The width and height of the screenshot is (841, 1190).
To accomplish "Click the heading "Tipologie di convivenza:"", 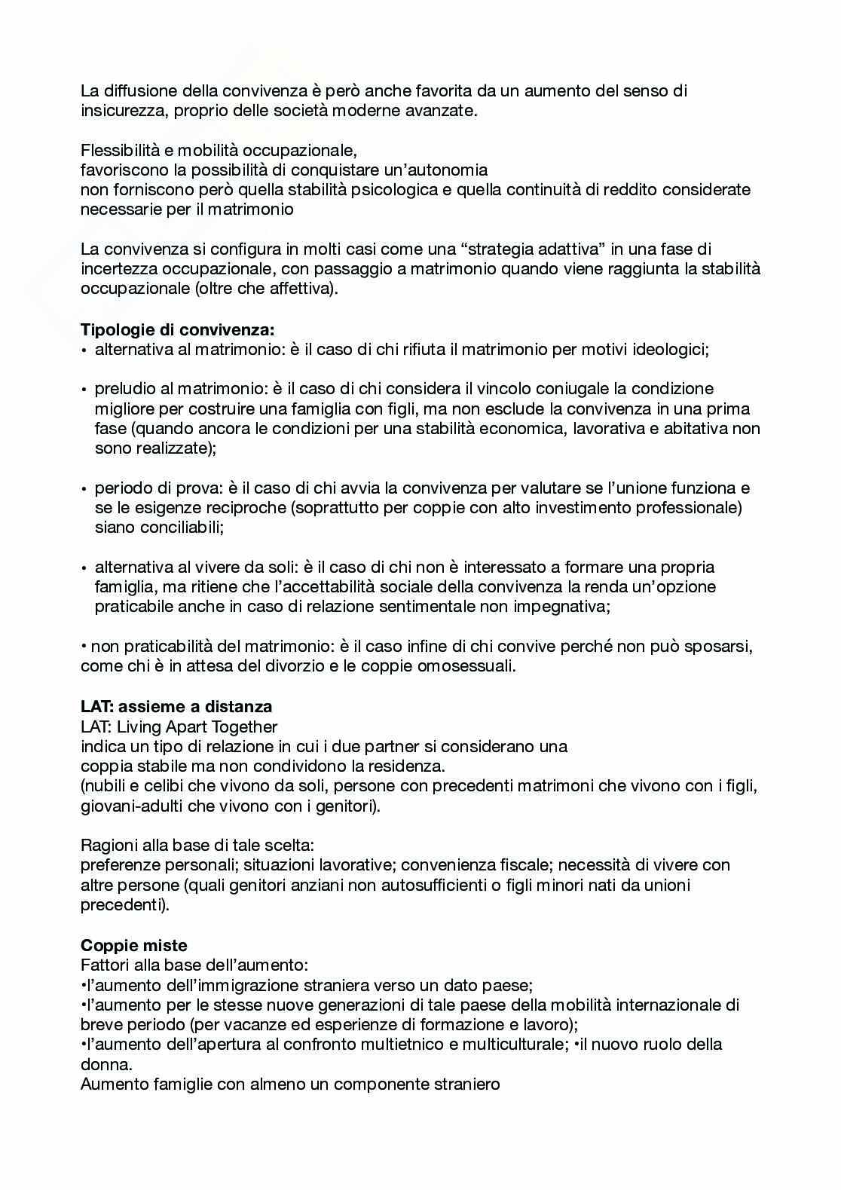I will click(x=177, y=329).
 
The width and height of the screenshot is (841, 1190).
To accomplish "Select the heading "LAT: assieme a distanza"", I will click(x=176, y=707).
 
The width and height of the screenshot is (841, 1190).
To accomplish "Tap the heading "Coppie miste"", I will click(x=134, y=945).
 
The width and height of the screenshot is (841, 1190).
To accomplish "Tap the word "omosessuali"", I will click(x=466, y=666).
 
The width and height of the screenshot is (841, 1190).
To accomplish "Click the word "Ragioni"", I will click(x=108, y=846).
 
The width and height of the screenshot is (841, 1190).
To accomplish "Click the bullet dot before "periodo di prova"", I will click(x=85, y=489).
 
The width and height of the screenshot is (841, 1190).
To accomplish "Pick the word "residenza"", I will click(x=405, y=766).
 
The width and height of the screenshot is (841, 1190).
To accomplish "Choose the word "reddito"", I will click(x=604, y=190).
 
